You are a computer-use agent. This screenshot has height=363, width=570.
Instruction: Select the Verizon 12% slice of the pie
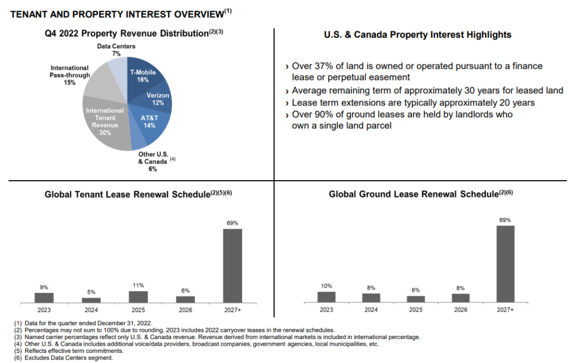point(158,100)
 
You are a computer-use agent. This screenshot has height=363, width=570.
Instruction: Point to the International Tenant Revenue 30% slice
point(105,121)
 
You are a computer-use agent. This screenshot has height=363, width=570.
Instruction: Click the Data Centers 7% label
point(116,50)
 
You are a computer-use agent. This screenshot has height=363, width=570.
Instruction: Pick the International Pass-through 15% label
point(70,75)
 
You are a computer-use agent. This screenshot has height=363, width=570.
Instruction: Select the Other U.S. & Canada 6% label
point(153,161)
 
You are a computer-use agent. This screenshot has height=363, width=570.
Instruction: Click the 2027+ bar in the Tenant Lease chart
point(232,265)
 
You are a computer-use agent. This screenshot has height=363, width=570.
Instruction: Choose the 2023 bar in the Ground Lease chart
point(327,297)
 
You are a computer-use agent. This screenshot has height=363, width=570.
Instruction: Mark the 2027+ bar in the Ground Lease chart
point(505,264)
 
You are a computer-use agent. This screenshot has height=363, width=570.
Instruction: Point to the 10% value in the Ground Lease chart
point(327,286)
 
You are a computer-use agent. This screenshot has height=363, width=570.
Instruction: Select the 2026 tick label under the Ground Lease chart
point(460,309)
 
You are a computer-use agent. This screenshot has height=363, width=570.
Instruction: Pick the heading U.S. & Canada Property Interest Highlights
point(417,35)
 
